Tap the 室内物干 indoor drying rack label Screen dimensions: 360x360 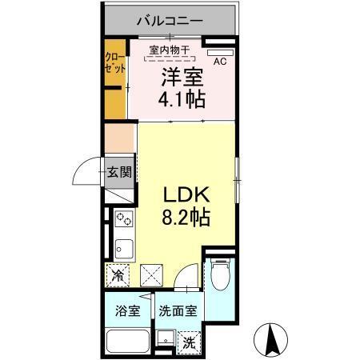[170, 50]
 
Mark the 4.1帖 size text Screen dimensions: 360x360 [182, 100]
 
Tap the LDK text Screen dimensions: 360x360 [186, 194]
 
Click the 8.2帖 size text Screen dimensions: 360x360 [187, 217]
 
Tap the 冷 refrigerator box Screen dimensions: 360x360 [118, 276]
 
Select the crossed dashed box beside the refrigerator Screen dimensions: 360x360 [152, 276]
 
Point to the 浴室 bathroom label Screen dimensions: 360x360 [128, 310]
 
